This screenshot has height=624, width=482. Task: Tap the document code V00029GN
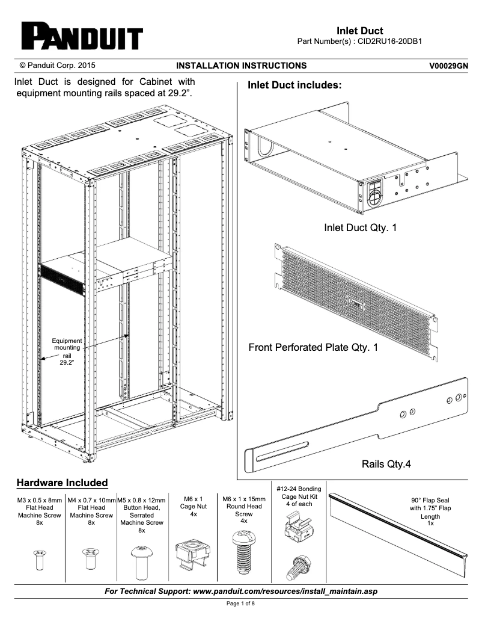pyautogui.click(x=448, y=66)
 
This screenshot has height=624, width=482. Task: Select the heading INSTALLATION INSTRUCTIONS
pyautogui.click(x=241, y=66)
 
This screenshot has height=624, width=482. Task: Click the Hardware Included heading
pyautogui.click(x=62, y=483)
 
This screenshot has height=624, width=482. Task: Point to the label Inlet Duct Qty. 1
pyautogui.click(x=360, y=228)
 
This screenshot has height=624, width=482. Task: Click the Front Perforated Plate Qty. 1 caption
pyautogui.click(x=313, y=347)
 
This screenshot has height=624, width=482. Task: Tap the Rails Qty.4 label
pyautogui.click(x=386, y=464)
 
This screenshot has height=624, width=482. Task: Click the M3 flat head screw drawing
pyautogui.click(x=39, y=559)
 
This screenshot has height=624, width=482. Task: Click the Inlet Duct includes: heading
pyautogui.click(x=294, y=85)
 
